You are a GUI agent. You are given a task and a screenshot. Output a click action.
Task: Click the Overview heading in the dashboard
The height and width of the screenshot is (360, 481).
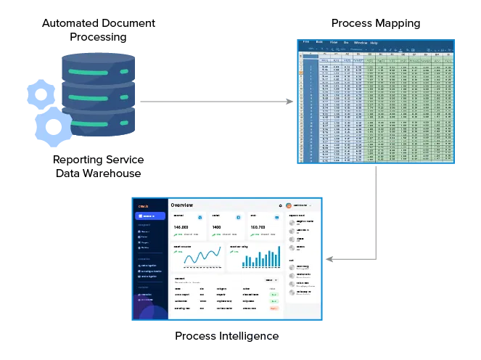pos(182,205)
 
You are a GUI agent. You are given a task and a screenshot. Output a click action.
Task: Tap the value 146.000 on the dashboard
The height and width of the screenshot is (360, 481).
pos(181,227)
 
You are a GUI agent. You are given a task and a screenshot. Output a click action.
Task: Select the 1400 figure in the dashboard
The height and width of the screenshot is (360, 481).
pos(216,227)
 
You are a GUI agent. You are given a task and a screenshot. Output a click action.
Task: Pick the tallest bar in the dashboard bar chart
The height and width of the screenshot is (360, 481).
pos(278,255)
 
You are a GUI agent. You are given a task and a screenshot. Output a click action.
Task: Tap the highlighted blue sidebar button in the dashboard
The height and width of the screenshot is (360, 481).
pos(149,216)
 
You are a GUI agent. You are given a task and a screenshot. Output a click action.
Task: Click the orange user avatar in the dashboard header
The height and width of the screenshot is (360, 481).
pos(289,205)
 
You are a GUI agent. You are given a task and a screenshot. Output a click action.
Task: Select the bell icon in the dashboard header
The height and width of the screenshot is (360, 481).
pos(280,205)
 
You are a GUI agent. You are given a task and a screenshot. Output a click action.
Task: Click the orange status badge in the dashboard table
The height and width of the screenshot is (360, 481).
pos(274,308)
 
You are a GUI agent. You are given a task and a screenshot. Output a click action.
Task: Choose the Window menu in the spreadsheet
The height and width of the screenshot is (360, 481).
pos(361,43)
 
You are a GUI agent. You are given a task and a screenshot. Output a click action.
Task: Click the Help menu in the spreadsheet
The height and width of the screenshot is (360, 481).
pos(374,43)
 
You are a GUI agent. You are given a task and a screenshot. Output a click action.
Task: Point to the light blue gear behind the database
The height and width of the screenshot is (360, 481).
pos(38,94)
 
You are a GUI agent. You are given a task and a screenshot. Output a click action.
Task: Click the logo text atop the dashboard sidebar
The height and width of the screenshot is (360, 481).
pos(144,205)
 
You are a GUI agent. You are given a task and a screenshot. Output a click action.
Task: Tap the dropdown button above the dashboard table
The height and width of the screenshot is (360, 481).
pos(271,279)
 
